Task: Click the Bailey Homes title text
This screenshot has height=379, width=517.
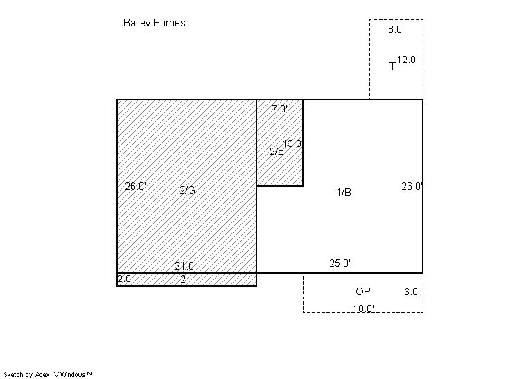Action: (154, 23)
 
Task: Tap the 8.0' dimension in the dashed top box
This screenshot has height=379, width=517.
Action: (396, 29)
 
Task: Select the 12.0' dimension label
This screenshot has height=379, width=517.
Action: (408, 60)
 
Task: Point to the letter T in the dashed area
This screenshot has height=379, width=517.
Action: (392, 67)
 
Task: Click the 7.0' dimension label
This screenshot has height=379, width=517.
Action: (279, 109)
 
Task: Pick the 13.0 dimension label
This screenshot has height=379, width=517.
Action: (292, 143)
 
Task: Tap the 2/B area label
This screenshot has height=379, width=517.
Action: (277, 151)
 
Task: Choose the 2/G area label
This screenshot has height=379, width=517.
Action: (187, 190)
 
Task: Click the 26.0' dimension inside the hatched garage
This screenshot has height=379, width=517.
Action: (136, 186)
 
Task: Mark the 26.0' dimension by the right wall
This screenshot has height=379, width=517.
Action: (412, 186)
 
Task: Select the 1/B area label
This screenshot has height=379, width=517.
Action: (344, 193)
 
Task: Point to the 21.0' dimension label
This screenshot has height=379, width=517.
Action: (185, 265)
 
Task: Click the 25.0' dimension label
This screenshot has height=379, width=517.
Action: (340, 263)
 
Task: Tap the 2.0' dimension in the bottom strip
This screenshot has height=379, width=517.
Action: (125, 279)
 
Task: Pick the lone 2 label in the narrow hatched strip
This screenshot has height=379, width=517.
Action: (183, 279)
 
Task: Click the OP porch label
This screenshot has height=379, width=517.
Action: (363, 291)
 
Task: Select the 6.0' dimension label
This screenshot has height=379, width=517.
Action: (412, 292)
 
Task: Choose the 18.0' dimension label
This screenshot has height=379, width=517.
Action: (364, 308)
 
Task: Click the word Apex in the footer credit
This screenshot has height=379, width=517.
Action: (42, 375)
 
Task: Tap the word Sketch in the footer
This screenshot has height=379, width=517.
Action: (14, 374)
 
